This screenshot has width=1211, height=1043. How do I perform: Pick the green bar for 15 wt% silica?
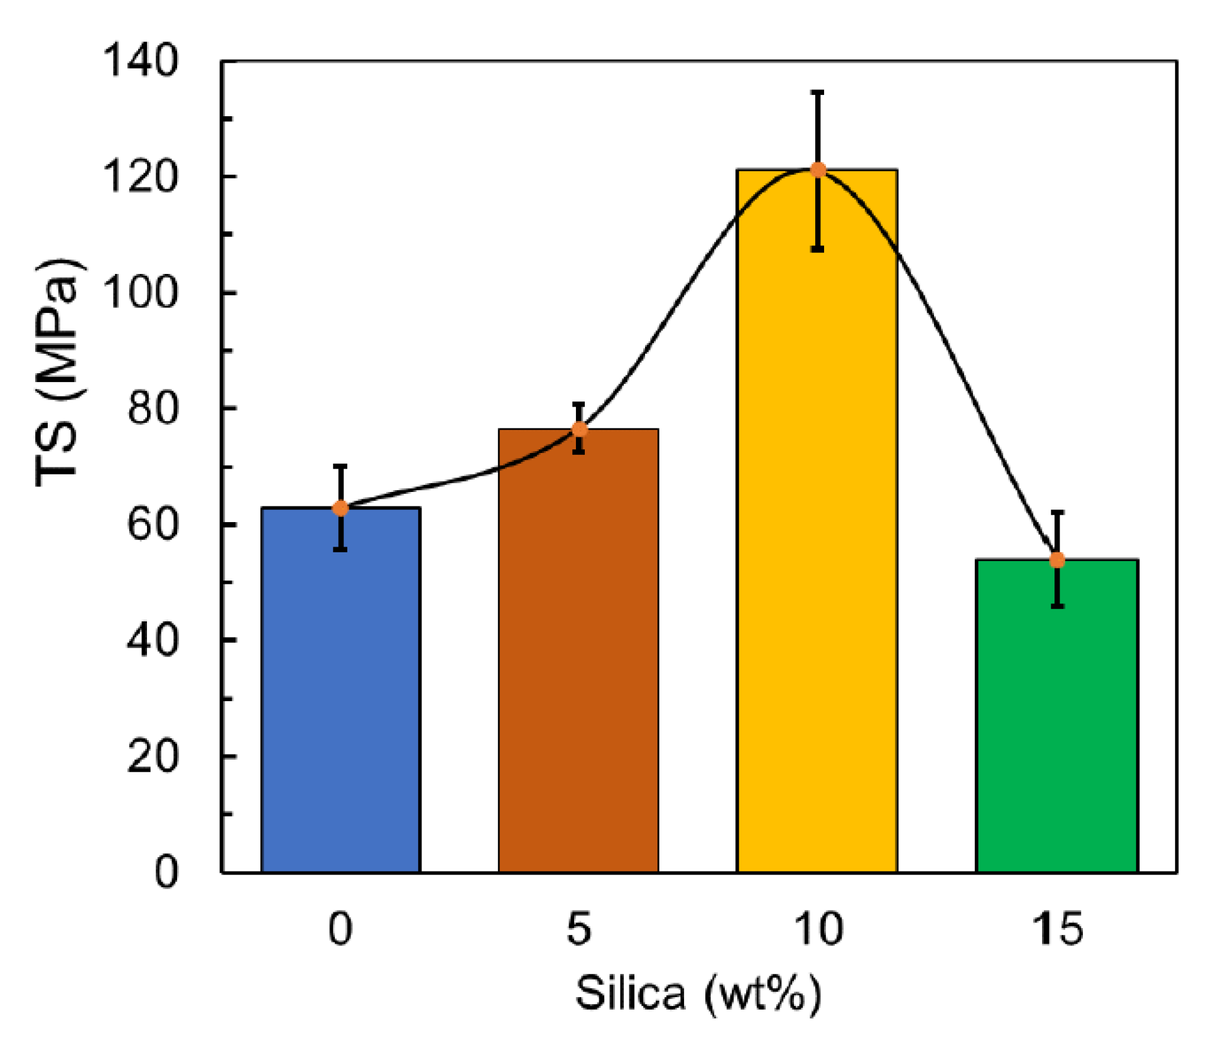pos(1057,723)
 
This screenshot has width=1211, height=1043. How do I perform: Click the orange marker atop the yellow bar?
pos(818,170)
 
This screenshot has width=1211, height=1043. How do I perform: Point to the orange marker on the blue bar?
pos(340,508)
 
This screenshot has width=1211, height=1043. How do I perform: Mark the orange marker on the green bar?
pos(1058,560)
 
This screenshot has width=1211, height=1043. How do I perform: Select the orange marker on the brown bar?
pos(580,430)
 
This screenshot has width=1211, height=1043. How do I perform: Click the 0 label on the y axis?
pos(166,872)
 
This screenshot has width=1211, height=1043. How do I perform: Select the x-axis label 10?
pos(818,929)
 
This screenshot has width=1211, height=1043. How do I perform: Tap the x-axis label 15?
pos(1058,929)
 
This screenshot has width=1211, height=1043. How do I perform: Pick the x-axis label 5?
pos(578,929)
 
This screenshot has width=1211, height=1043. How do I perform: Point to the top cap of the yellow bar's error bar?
pos(817,92)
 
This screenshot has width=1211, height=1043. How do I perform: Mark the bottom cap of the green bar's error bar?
pos(1058,606)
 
